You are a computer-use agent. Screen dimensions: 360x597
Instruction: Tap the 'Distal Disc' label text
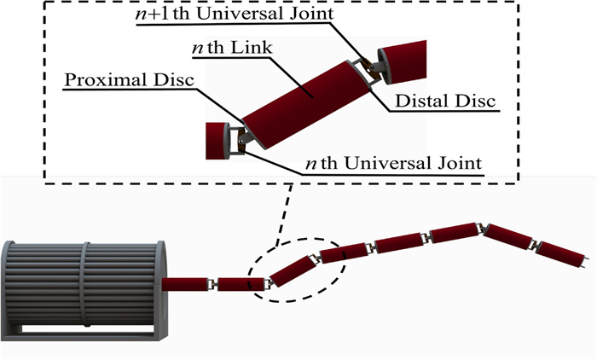click(x=444, y=102)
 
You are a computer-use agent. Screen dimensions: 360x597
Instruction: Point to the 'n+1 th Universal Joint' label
click(x=229, y=14)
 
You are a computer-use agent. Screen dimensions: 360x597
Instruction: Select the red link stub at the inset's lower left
click(x=214, y=141)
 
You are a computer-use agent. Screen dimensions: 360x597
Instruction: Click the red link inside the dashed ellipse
click(x=289, y=268)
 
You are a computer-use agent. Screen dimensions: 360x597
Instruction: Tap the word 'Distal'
click(x=423, y=102)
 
